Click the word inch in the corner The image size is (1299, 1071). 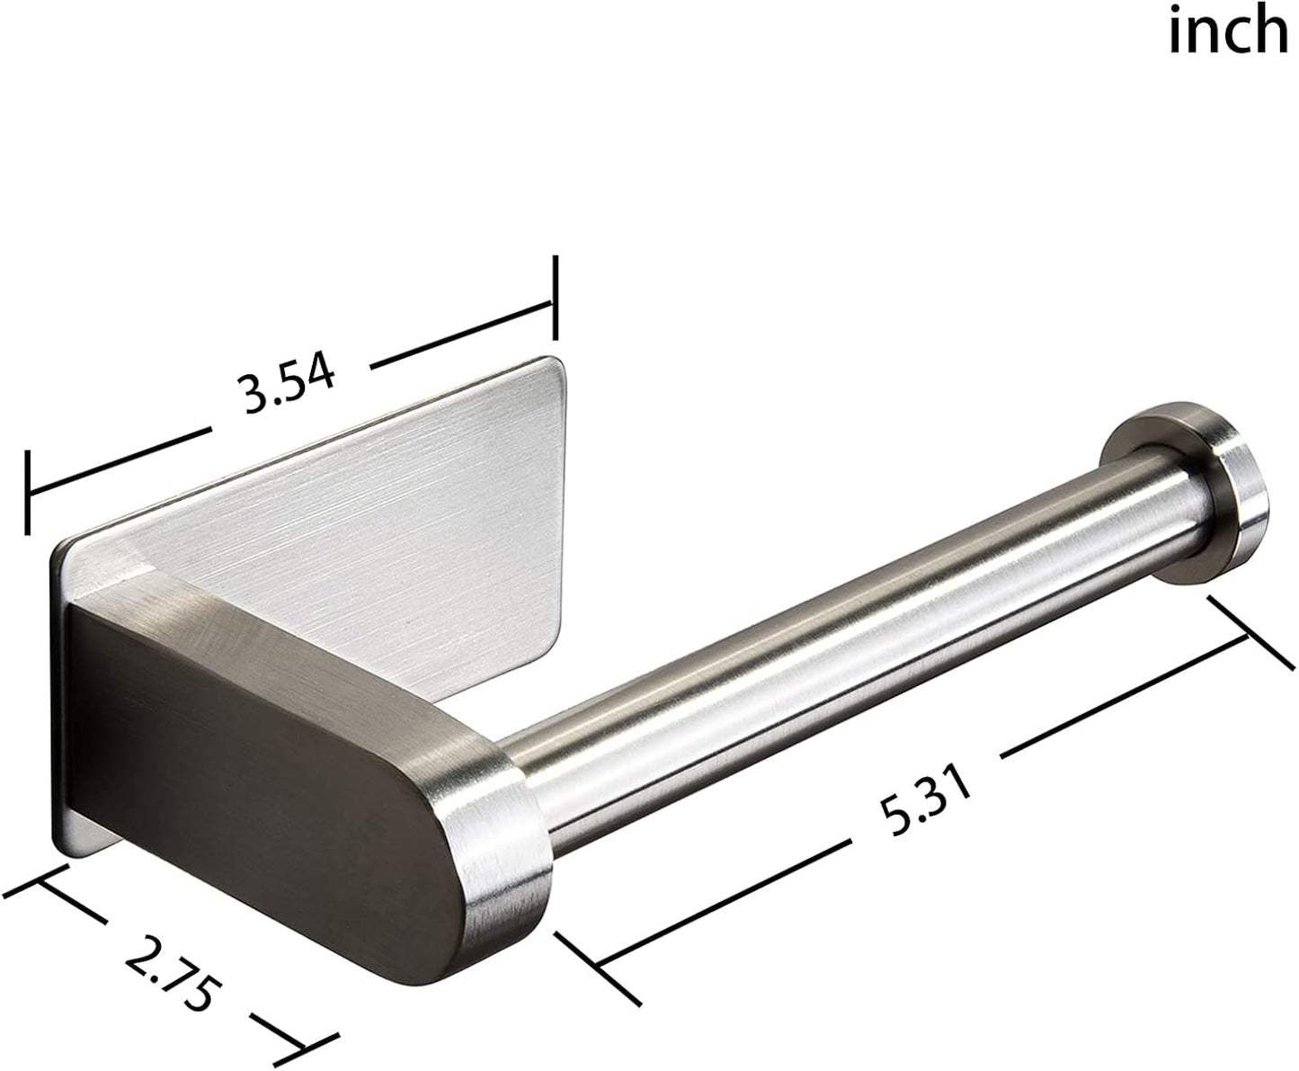pos(1227,32)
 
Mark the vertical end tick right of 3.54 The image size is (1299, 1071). pos(556,298)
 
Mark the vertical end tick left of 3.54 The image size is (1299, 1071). pos(29,494)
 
